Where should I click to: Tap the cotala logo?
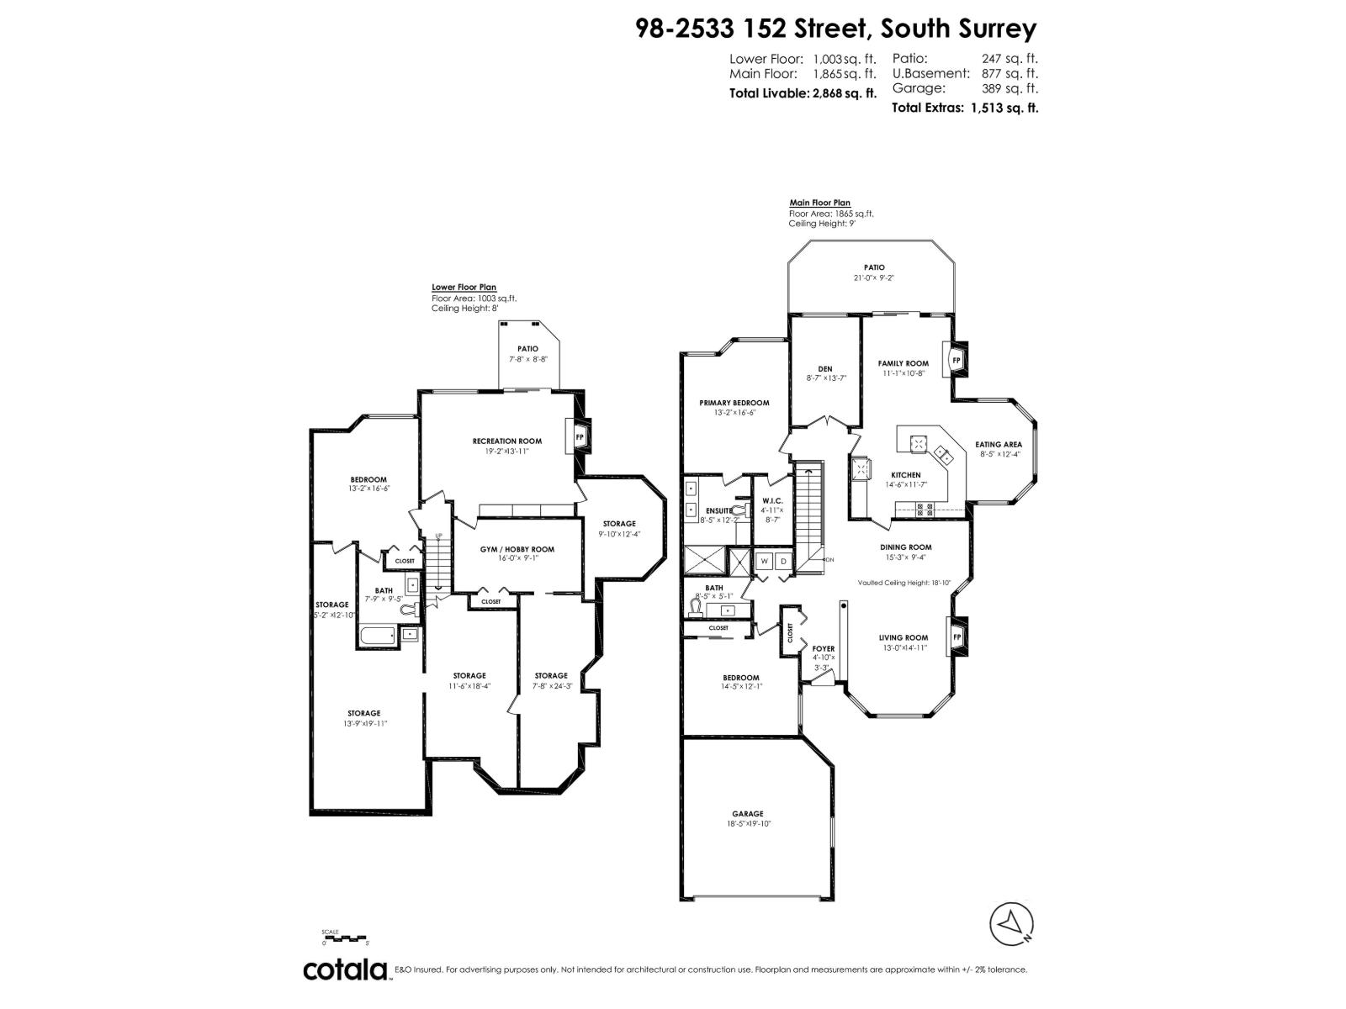pyautogui.click(x=345, y=969)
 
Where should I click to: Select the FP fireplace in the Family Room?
pyautogui.click(x=956, y=360)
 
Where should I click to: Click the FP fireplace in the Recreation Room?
pyautogui.click(x=580, y=437)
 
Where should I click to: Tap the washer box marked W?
pyautogui.click(x=765, y=561)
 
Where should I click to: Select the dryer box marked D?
pyautogui.click(x=783, y=561)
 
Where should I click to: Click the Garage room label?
pyautogui.click(x=747, y=814)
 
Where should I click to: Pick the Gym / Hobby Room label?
pyautogui.click(x=517, y=549)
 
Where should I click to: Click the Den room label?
pyautogui.click(x=824, y=368)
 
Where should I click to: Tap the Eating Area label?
pyautogui.click(x=999, y=444)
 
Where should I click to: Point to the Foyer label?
pyautogui.click(x=824, y=648)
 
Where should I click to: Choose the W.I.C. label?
pyautogui.click(x=771, y=500)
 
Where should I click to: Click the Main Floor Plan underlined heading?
pyautogui.click(x=819, y=203)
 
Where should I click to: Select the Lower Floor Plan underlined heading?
pyautogui.click(x=464, y=287)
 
